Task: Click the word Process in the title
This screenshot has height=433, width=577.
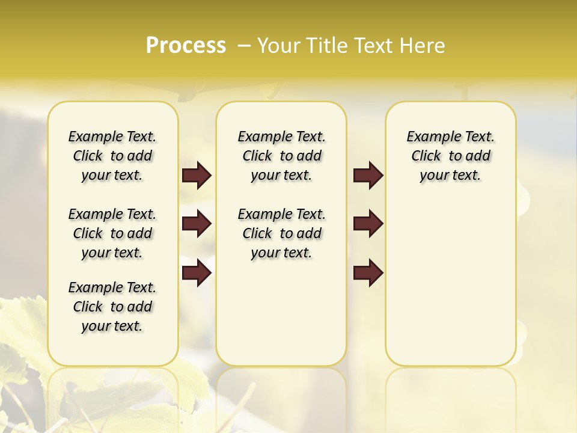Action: tap(186, 45)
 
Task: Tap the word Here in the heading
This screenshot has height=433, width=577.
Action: tap(423, 46)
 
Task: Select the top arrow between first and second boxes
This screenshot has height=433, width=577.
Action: tap(197, 176)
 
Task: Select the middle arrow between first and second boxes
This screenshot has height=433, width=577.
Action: tap(197, 224)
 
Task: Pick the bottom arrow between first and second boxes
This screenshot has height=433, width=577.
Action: tap(197, 274)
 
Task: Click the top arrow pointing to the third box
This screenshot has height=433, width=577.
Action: tap(368, 176)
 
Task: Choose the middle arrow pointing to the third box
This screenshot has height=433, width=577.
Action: tap(368, 224)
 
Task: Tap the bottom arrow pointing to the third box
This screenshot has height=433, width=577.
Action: tap(368, 274)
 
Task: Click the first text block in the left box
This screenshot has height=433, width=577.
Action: tap(112, 156)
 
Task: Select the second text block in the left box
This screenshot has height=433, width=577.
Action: tap(112, 233)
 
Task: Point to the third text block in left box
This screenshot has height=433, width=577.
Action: tap(112, 307)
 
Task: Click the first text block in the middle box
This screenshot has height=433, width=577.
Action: tap(281, 156)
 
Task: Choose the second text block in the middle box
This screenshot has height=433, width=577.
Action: tap(281, 233)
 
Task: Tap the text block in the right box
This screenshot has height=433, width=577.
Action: tap(451, 156)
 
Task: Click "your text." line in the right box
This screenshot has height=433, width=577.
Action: tap(450, 176)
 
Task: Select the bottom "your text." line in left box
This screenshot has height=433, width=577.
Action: tap(112, 327)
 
